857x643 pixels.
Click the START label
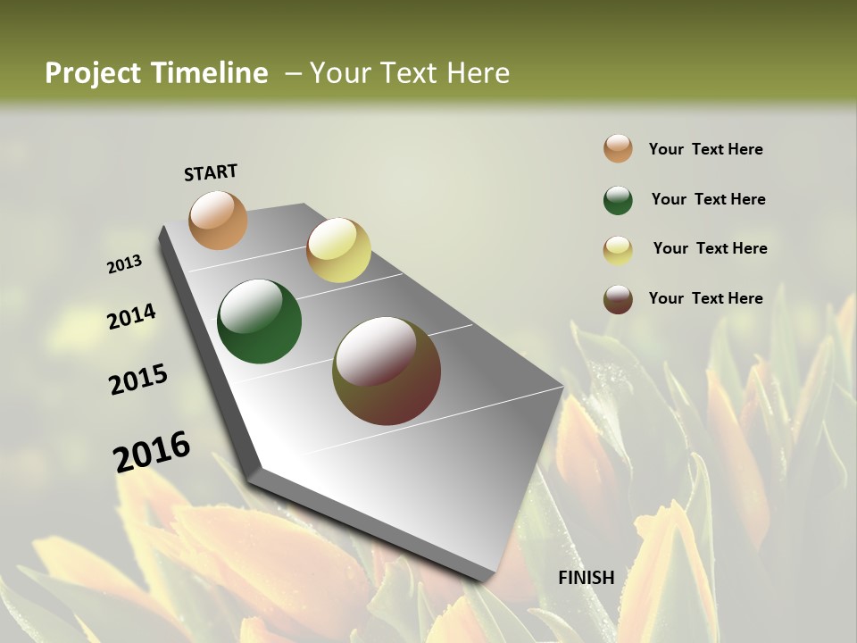click(x=211, y=172)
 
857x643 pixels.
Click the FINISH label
click(x=586, y=578)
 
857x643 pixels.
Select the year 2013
click(x=125, y=264)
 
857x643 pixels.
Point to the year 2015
click(x=138, y=380)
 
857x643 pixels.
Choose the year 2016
click(x=152, y=452)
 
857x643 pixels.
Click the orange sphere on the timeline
click(x=219, y=220)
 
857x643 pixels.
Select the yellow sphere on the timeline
click(x=338, y=250)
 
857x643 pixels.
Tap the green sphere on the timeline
click(x=260, y=321)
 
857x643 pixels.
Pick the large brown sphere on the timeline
click(x=387, y=371)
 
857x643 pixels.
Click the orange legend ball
click(x=618, y=149)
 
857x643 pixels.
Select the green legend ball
click(x=618, y=200)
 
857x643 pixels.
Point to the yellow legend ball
click(x=618, y=250)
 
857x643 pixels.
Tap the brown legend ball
click(x=618, y=299)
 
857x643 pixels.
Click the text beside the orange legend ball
click(x=705, y=149)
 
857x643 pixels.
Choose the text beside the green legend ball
click(x=708, y=199)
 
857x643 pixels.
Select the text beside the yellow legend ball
click(x=710, y=248)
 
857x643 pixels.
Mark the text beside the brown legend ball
click(x=705, y=298)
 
